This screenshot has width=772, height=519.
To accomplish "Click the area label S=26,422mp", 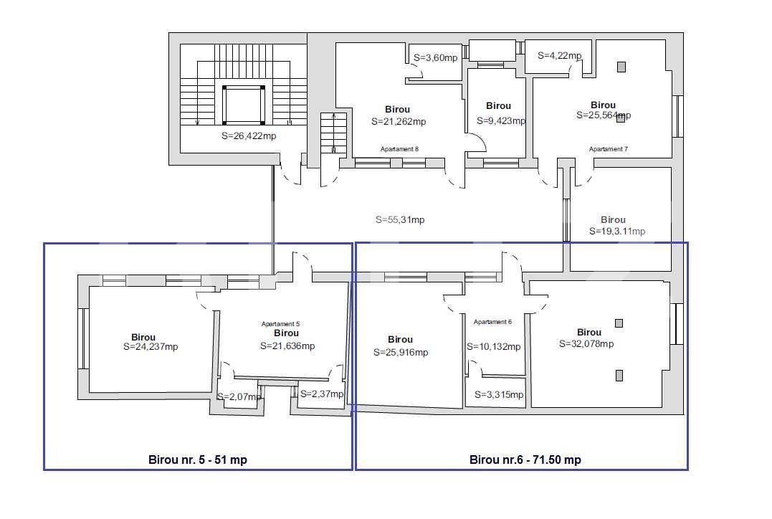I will click(249, 135).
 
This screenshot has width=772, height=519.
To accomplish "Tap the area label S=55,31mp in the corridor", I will click(400, 220).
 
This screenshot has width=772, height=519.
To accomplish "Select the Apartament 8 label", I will click(399, 149).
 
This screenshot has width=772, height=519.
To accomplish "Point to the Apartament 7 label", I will click(608, 149).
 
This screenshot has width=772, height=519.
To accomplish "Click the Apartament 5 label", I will click(281, 324).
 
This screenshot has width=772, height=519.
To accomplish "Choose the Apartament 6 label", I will click(492, 322).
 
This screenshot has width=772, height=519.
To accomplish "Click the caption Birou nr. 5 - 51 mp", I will click(197, 460).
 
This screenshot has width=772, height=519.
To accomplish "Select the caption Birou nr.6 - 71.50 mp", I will click(525, 460).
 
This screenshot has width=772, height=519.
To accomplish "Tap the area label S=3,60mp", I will click(436, 57).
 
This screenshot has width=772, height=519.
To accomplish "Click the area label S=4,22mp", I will click(561, 55).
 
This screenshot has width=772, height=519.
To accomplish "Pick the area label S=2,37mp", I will click(322, 394).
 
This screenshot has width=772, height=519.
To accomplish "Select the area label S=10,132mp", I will click(494, 347).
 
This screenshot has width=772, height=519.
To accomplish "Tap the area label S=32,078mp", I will click(586, 344).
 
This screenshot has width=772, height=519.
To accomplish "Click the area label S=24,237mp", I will click(151, 347).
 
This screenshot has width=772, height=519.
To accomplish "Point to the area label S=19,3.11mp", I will click(616, 232).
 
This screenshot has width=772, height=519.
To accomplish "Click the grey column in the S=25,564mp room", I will click(621, 67).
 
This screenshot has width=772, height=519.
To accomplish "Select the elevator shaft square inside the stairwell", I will click(244, 105).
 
